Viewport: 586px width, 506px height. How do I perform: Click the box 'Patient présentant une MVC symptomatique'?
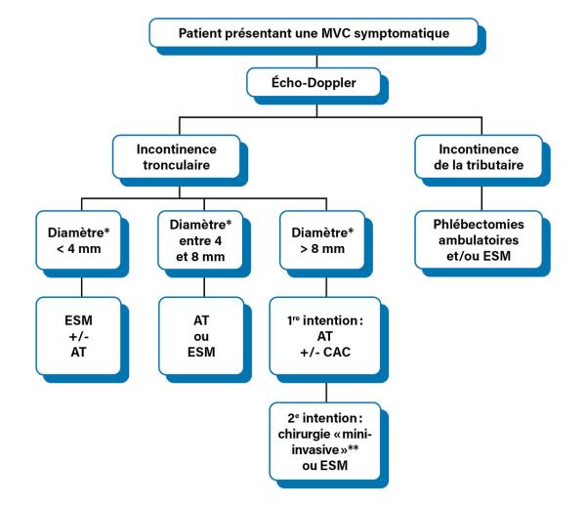[314, 33]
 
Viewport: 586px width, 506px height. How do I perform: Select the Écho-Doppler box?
[314, 82]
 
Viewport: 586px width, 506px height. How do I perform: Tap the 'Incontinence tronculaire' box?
[177, 157]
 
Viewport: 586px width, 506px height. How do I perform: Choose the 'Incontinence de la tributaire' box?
[479, 157]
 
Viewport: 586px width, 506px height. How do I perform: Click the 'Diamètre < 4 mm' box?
[78, 240]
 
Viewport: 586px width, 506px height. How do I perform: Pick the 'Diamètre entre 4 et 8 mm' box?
[200, 240]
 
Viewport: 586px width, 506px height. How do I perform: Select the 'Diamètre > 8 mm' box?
[322, 240]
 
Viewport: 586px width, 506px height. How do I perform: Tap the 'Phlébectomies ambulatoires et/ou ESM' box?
[479, 240]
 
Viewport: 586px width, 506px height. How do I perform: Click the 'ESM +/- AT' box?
[78, 336]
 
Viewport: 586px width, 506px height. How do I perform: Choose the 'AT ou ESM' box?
[201, 336]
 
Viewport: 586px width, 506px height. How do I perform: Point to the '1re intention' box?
[325, 336]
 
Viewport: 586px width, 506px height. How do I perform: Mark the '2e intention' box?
[325, 442]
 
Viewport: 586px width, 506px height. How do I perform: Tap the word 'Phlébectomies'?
[479, 225]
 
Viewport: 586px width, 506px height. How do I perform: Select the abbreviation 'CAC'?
[337, 352]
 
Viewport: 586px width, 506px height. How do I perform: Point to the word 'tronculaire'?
[177, 165]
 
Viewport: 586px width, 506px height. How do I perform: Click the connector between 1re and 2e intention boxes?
[326, 393]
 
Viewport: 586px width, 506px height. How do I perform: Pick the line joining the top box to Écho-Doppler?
[316, 62]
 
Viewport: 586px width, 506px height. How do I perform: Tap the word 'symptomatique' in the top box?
[401, 33]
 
